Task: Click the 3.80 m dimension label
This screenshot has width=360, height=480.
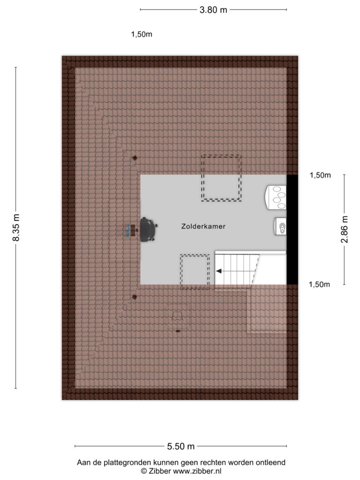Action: (x=213, y=10)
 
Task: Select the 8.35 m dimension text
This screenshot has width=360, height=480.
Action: (x=16, y=228)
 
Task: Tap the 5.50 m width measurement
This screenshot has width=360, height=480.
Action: (x=180, y=446)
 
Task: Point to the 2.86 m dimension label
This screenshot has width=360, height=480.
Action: (x=345, y=229)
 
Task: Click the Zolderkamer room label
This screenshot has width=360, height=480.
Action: (x=203, y=226)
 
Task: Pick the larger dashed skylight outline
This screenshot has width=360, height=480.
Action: (x=221, y=178)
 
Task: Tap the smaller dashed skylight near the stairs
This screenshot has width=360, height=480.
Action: (x=195, y=272)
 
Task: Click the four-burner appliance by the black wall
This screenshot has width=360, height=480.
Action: (x=276, y=197)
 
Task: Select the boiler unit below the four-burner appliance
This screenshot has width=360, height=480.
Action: (x=280, y=227)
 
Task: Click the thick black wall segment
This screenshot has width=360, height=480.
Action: (x=292, y=230)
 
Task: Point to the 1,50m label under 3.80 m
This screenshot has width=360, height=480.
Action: (x=142, y=34)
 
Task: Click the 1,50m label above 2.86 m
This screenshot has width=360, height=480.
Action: (x=320, y=175)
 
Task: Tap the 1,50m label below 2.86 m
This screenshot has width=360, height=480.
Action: (x=319, y=285)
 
